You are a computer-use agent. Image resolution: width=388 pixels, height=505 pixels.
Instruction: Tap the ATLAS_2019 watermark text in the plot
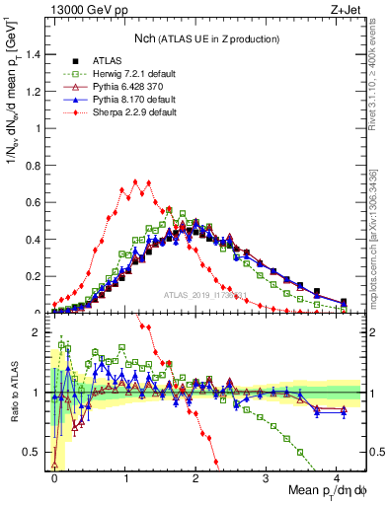tap(205, 295)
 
